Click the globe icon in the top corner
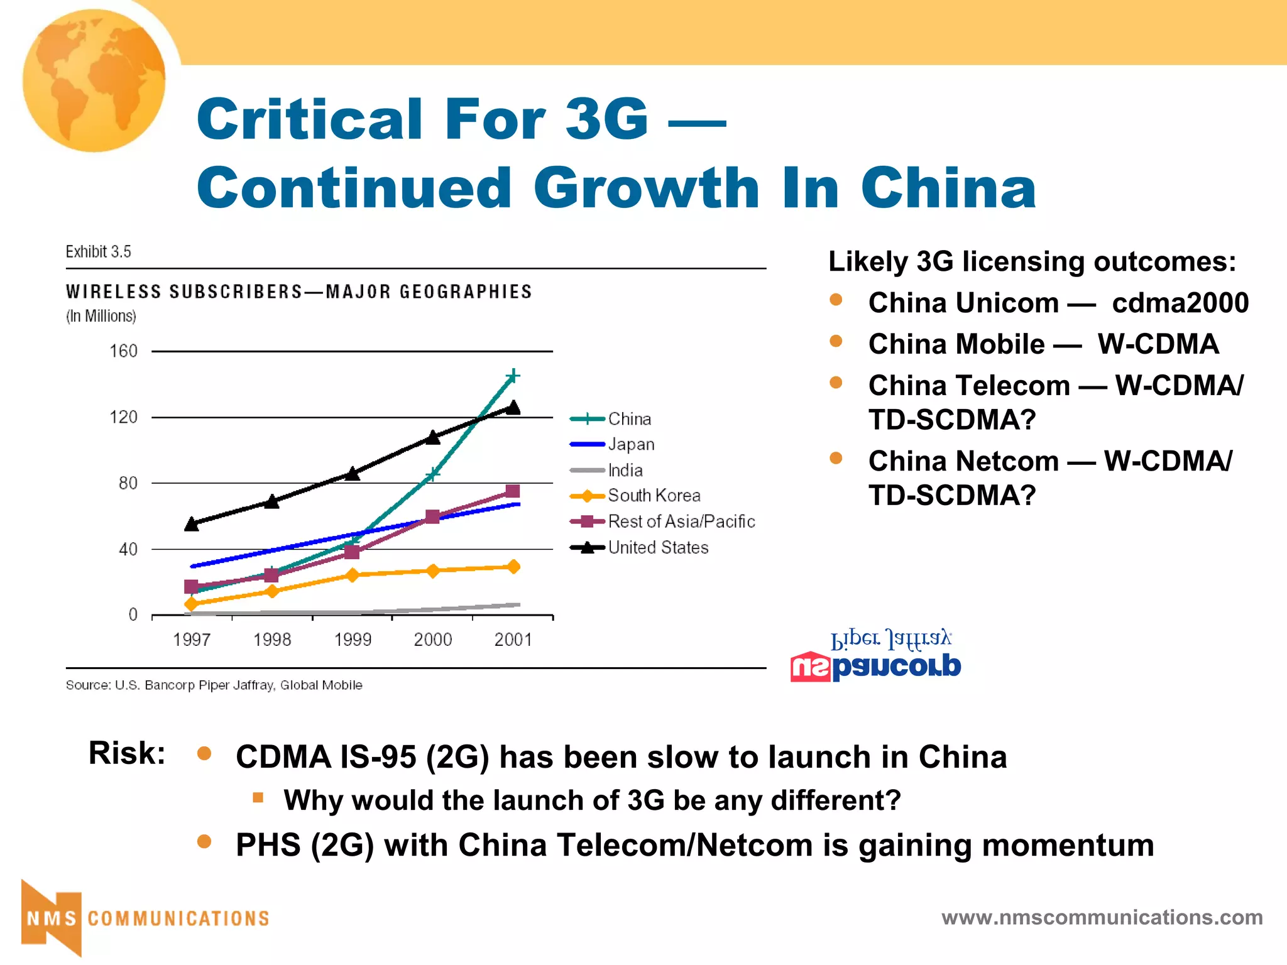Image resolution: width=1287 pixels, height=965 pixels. (x=94, y=80)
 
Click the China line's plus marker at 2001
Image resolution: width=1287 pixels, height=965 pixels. (x=513, y=376)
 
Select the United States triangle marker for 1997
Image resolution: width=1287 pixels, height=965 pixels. (x=192, y=524)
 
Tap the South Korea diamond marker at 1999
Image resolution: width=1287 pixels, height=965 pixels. (x=353, y=575)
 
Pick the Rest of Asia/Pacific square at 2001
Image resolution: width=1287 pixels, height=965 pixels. (x=512, y=491)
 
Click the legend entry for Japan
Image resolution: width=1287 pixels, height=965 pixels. (x=630, y=445)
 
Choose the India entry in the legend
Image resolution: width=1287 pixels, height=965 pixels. (x=625, y=471)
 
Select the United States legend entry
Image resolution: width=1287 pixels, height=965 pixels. (x=657, y=548)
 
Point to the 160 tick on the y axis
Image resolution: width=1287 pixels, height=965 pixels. (x=124, y=351)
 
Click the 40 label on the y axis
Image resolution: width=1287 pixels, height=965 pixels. (x=128, y=550)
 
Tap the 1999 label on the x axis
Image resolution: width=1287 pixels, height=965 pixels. (x=353, y=640)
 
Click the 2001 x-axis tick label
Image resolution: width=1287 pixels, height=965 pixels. (x=513, y=640)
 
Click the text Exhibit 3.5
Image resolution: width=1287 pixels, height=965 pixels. (x=99, y=252)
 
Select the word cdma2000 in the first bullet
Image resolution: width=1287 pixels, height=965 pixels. (x=1180, y=303)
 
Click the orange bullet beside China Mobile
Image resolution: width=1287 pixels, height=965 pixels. (x=836, y=341)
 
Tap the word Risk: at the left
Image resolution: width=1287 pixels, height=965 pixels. (x=127, y=753)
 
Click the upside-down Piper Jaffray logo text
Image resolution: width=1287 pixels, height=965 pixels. (x=890, y=639)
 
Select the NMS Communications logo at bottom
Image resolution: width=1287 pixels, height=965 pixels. (x=145, y=918)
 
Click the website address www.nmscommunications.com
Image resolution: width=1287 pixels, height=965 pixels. (x=1102, y=917)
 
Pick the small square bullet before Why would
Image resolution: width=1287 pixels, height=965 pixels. (x=258, y=798)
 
